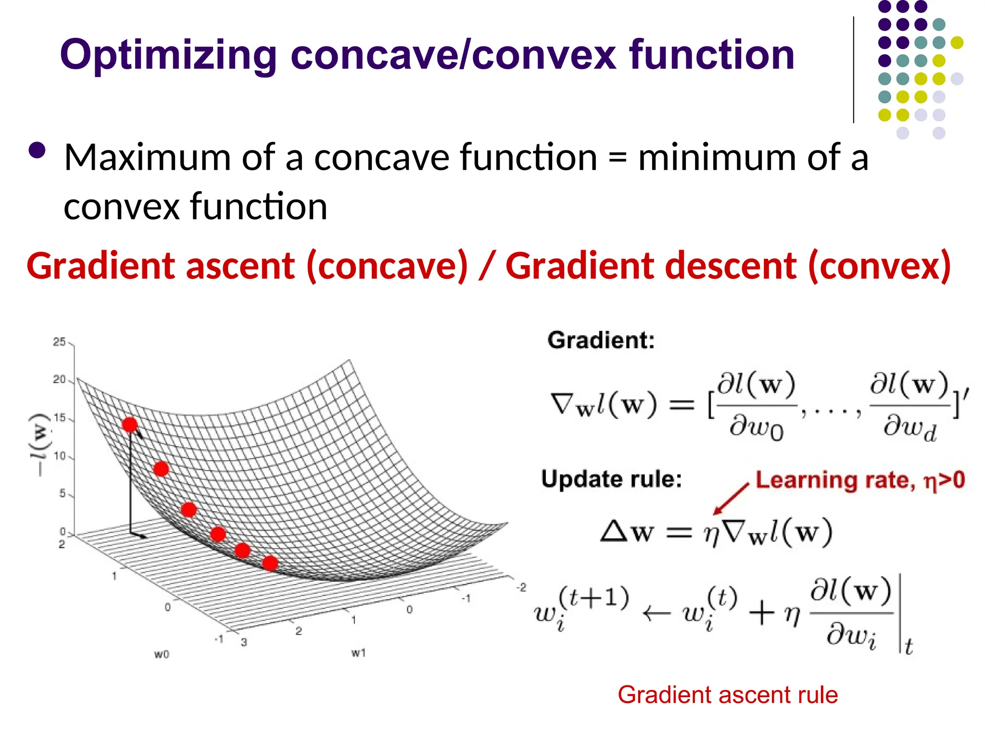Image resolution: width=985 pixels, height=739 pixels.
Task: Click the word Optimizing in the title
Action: pyautogui.click(x=168, y=55)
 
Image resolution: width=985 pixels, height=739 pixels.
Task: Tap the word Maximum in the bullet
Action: pyautogui.click(x=147, y=157)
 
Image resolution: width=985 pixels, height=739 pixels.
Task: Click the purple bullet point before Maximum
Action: pyautogui.click(x=37, y=151)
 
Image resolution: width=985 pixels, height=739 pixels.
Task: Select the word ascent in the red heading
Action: pyautogui.click(x=240, y=266)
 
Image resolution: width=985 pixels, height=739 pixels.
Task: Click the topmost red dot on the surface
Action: pyautogui.click(x=129, y=425)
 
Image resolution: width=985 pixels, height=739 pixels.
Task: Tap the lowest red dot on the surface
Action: pyautogui.click(x=270, y=563)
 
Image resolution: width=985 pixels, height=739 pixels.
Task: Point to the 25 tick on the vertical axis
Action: pyautogui.click(x=59, y=342)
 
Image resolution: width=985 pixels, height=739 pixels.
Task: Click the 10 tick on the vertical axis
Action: pyautogui.click(x=59, y=456)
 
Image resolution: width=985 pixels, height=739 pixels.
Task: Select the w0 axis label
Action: pyautogui.click(x=162, y=654)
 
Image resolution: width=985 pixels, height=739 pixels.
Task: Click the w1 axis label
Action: pyautogui.click(x=358, y=653)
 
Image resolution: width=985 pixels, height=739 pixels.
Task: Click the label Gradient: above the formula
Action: pyautogui.click(x=601, y=340)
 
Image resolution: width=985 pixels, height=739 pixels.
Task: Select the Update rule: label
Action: pyautogui.click(x=611, y=479)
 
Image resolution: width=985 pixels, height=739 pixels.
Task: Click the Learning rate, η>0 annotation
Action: pyautogui.click(x=860, y=480)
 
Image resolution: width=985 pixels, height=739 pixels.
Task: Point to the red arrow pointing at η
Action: pyautogui.click(x=731, y=499)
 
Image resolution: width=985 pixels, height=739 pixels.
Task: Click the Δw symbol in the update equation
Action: pyautogui.click(x=627, y=532)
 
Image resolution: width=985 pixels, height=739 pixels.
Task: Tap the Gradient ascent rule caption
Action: pyautogui.click(x=728, y=695)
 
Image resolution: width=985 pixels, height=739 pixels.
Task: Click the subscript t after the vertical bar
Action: pyautogui.click(x=909, y=646)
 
